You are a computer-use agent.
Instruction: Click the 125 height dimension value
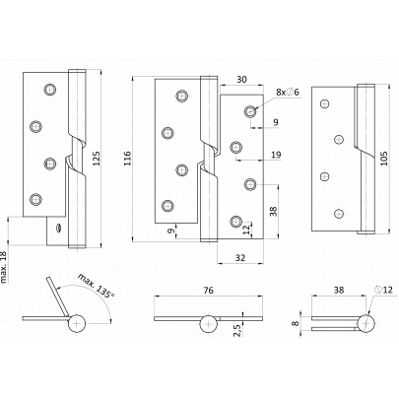pyautogui.click(x=96, y=159)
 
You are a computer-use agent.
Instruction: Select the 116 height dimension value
pyautogui.click(x=127, y=159)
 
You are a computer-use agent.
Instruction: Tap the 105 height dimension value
pyautogui.click(x=383, y=159)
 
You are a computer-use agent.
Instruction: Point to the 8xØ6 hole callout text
pyautogui.click(x=288, y=93)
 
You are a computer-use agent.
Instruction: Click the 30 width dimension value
pyautogui.click(x=241, y=80)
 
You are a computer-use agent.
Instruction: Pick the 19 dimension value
pyautogui.click(x=277, y=155)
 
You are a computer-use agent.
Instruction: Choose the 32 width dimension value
pyautogui.click(x=240, y=258)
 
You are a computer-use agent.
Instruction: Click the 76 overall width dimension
pyautogui.click(x=208, y=290)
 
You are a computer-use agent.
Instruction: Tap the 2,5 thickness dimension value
pyautogui.click(x=236, y=329)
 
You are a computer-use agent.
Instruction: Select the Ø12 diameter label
pyautogui.click(x=383, y=290)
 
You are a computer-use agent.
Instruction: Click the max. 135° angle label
pyautogui.click(x=97, y=286)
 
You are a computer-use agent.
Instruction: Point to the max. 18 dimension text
pyautogui.click(x=4, y=268)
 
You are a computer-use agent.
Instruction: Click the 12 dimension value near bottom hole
pyautogui.click(x=246, y=230)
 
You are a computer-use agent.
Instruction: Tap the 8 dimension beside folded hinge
pyautogui.click(x=297, y=323)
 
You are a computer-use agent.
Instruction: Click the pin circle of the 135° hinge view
pyautogui.click(x=77, y=324)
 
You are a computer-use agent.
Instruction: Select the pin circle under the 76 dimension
pyautogui.click(x=209, y=324)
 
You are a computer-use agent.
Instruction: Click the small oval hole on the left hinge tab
pyautogui.click(x=58, y=228)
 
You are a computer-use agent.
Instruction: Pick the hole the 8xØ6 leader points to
pyautogui.click(x=250, y=111)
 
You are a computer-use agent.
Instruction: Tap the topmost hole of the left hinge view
pyautogui.click(x=50, y=89)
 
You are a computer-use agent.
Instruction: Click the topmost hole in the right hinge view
pyautogui.click(x=324, y=103)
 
